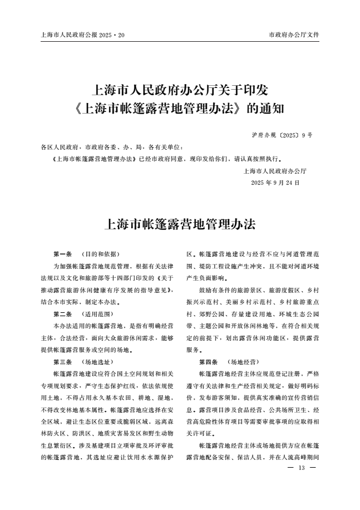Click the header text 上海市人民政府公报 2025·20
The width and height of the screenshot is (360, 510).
(83, 35)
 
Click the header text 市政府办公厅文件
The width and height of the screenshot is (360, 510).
(294, 35)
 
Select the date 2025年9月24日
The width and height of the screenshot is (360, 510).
(275, 182)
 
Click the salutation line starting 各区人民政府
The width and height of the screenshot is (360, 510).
(112, 148)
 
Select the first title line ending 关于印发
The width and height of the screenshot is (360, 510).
(180, 89)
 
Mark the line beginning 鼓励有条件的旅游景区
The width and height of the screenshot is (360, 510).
(258, 290)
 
